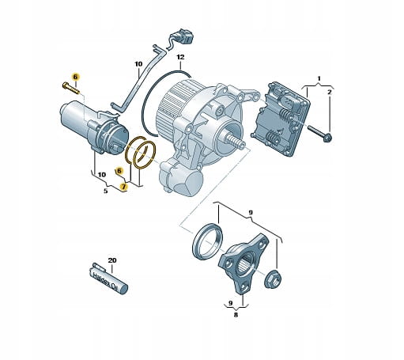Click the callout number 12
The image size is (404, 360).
[180, 57]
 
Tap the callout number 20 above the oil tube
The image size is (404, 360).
[112, 260]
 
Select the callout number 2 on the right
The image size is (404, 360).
[329, 92]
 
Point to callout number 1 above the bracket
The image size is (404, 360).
[319, 78]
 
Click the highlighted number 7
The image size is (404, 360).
[124, 187]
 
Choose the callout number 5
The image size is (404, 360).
[105, 191]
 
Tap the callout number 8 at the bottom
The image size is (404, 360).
[236, 315]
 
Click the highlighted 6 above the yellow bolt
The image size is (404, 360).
[75, 77]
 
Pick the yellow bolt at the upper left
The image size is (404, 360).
[70, 88]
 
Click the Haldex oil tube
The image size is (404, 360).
[108, 279]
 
